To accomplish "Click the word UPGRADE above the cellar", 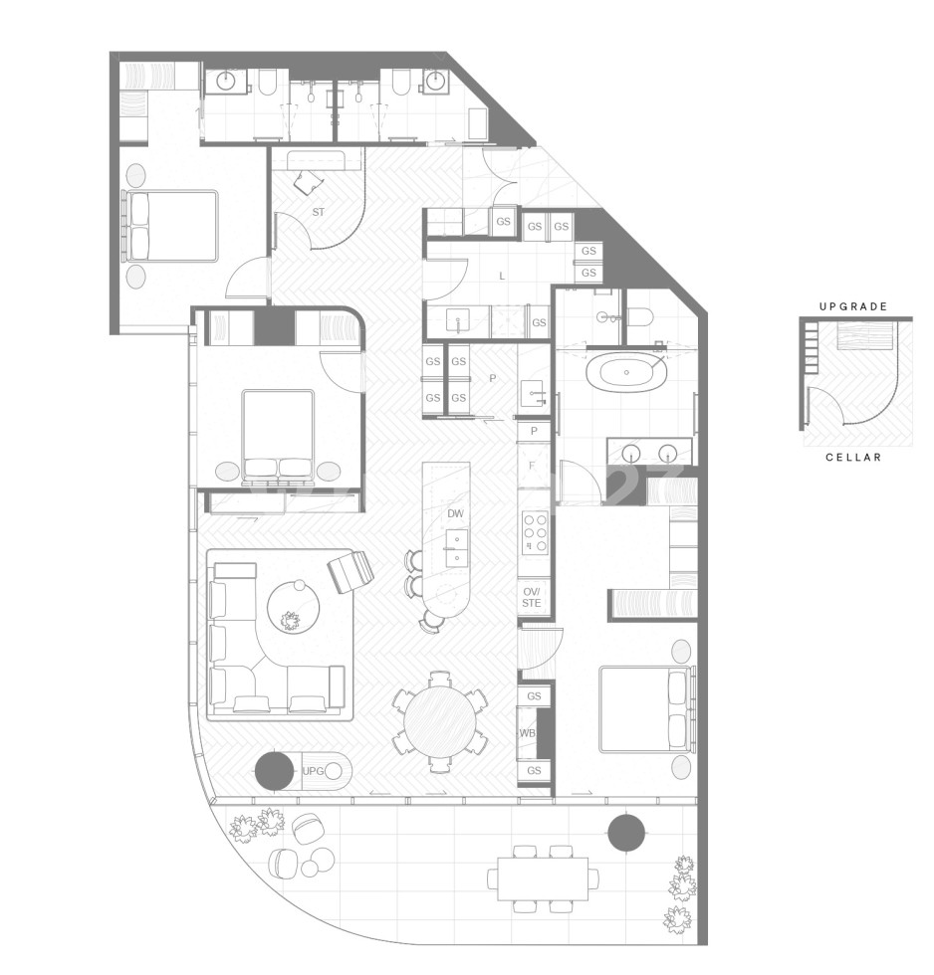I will [852, 306].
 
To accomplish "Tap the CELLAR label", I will [853, 457].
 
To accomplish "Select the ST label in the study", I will [319, 212].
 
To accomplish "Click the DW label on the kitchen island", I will [455, 513].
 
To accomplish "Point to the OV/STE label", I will [532, 596].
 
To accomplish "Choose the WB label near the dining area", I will [527, 733].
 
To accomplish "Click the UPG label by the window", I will [314, 771].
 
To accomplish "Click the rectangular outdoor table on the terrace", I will [543, 877].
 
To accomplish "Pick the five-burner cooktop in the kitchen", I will [535, 532].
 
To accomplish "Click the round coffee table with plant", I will [292, 606].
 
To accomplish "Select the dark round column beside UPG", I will [274, 771].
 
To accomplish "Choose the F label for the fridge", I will [533, 465].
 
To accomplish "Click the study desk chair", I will [309, 182].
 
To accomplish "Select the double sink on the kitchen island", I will [456, 547].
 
